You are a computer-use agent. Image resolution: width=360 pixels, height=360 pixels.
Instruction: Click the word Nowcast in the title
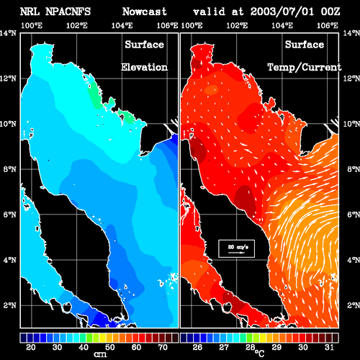coord(145,12)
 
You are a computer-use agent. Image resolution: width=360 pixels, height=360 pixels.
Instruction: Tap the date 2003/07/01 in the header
coord(282,12)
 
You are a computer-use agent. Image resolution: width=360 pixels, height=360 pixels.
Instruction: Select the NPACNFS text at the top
coord(68,12)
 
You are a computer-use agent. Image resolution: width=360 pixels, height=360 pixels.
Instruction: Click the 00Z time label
coord(330,12)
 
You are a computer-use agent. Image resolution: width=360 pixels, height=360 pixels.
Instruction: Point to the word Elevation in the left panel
coord(144,67)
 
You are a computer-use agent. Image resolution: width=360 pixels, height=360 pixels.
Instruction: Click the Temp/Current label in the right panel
coord(305,68)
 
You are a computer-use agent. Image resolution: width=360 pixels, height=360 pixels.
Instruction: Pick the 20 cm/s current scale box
coord(236,248)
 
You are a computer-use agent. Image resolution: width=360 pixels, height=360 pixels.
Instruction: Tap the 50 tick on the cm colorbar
coord(110,347)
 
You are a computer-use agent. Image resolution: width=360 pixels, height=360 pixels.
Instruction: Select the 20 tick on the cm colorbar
coord(31,347)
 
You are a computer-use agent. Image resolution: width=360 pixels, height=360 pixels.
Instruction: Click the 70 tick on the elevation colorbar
coord(163,347)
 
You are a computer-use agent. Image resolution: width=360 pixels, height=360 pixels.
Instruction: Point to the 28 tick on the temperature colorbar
coord(251,347)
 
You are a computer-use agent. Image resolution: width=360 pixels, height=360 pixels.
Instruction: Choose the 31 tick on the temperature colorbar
coord(329,347)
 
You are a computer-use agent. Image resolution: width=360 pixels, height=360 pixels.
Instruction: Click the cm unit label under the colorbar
coord(100,354)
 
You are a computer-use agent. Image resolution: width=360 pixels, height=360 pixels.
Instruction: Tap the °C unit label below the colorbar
coord(260,354)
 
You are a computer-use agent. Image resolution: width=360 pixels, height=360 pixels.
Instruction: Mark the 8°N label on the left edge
coord(10,169)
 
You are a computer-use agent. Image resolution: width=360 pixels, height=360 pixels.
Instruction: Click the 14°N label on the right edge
coord(351,33)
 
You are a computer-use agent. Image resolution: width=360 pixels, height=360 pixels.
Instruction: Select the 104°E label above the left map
coord(122,25)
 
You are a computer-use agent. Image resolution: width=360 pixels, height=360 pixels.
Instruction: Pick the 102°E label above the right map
coord(237,25)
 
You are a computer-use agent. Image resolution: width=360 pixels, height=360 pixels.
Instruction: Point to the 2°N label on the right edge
coord(354,305)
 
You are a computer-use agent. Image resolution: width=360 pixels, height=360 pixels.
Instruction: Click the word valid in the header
coord(209,12)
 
